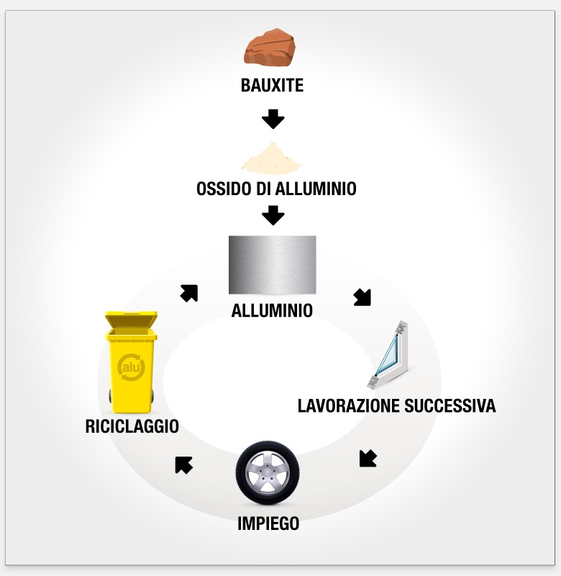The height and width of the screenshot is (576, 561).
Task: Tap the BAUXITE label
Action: coord(272,86)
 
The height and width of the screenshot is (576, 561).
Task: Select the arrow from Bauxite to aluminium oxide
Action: coord(273,118)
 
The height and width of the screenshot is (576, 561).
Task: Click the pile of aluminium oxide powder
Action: coord(272,158)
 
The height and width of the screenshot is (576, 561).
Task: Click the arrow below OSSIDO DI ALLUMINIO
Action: coord(273,215)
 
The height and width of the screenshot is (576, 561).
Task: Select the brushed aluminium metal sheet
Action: coord(272,264)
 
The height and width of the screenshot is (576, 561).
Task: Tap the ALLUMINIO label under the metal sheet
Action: coord(272,311)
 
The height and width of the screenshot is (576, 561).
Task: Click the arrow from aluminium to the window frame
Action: coord(362,297)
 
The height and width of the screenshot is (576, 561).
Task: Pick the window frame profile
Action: coord(394,356)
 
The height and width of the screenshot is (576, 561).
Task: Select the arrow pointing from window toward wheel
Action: coord(368,459)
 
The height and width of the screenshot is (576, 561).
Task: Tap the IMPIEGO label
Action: coord(268,523)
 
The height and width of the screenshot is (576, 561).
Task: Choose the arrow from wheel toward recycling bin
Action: coord(183,465)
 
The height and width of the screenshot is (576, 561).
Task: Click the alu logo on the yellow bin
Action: coord(132,366)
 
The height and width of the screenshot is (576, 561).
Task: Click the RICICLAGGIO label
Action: coord(132,426)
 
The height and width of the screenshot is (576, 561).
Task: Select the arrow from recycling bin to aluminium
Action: coord(189,293)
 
